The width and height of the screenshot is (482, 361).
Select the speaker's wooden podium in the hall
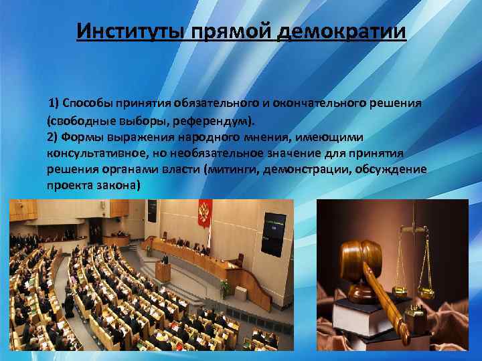point(163,271)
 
